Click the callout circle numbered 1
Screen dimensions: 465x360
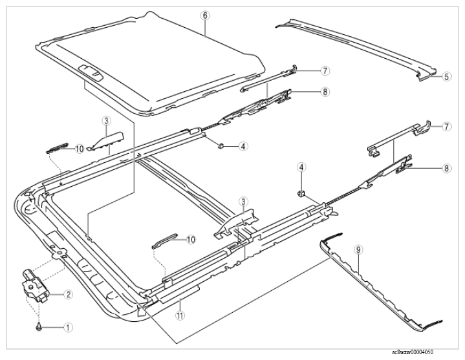(x=68, y=328)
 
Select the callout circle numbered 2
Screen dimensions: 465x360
(x=68, y=294)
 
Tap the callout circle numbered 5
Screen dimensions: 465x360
(x=447, y=76)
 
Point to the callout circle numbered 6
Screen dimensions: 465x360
(x=205, y=15)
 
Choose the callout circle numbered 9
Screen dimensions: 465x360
(x=358, y=250)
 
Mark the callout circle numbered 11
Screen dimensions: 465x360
(x=180, y=315)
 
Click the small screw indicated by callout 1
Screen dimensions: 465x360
(x=38, y=327)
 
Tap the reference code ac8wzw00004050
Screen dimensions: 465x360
(x=412, y=352)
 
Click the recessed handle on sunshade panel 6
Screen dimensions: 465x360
(x=91, y=72)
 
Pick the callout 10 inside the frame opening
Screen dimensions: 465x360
(x=191, y=239)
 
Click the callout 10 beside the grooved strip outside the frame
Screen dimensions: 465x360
(x=80, y=149)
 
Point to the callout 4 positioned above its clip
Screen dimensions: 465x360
(x=301, y=167)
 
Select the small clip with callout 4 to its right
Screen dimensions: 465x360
(x=221, y=145)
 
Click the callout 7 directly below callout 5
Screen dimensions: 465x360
(x=447, y=127)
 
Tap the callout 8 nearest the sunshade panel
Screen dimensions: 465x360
(x=325, y=92)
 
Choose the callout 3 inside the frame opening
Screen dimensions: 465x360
(x=243, y=202)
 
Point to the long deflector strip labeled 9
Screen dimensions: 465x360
(x=380, y=284)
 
